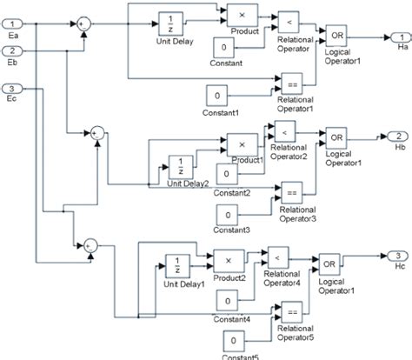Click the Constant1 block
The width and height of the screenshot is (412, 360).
218,96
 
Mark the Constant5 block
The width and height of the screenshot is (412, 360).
232,340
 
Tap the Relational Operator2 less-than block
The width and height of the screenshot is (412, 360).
283,130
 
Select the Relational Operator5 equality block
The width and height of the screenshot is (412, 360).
288,310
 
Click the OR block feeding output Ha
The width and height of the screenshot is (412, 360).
336,37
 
